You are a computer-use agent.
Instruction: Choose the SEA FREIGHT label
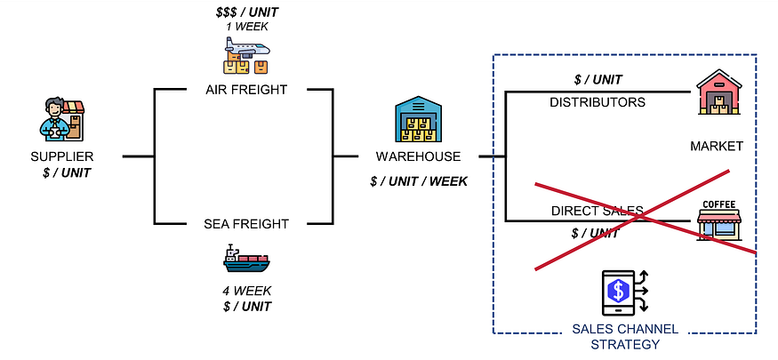[246, 224]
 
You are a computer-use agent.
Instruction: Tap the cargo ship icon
[246, 259]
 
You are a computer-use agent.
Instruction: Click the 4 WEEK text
[246, 291]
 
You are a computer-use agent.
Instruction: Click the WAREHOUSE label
[418, 156]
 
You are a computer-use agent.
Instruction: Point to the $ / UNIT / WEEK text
[418, 182]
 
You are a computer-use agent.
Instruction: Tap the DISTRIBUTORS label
[598, 102]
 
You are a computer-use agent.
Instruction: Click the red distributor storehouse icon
[719, 93]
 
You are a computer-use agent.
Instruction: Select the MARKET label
[716, 146]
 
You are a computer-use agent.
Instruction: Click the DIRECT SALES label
[598, 212]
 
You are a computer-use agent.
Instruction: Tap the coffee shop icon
[718, 220]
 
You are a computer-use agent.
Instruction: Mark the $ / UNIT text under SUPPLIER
[67, 172]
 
